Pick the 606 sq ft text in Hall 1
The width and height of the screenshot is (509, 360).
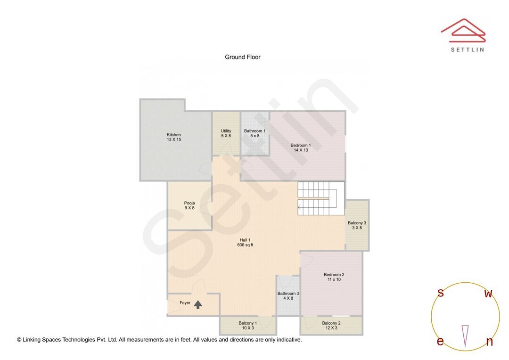tap(245, 245)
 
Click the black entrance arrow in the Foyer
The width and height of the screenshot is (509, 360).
tap(198, 305)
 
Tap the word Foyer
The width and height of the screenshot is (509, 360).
tap(185, 303)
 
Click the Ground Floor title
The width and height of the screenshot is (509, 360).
tap(242, 57)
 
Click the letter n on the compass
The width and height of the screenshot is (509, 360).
tap(489, 342)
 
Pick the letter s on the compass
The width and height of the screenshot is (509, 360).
tap(441, 293)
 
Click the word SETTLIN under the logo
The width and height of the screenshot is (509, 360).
tap(467, 49)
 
